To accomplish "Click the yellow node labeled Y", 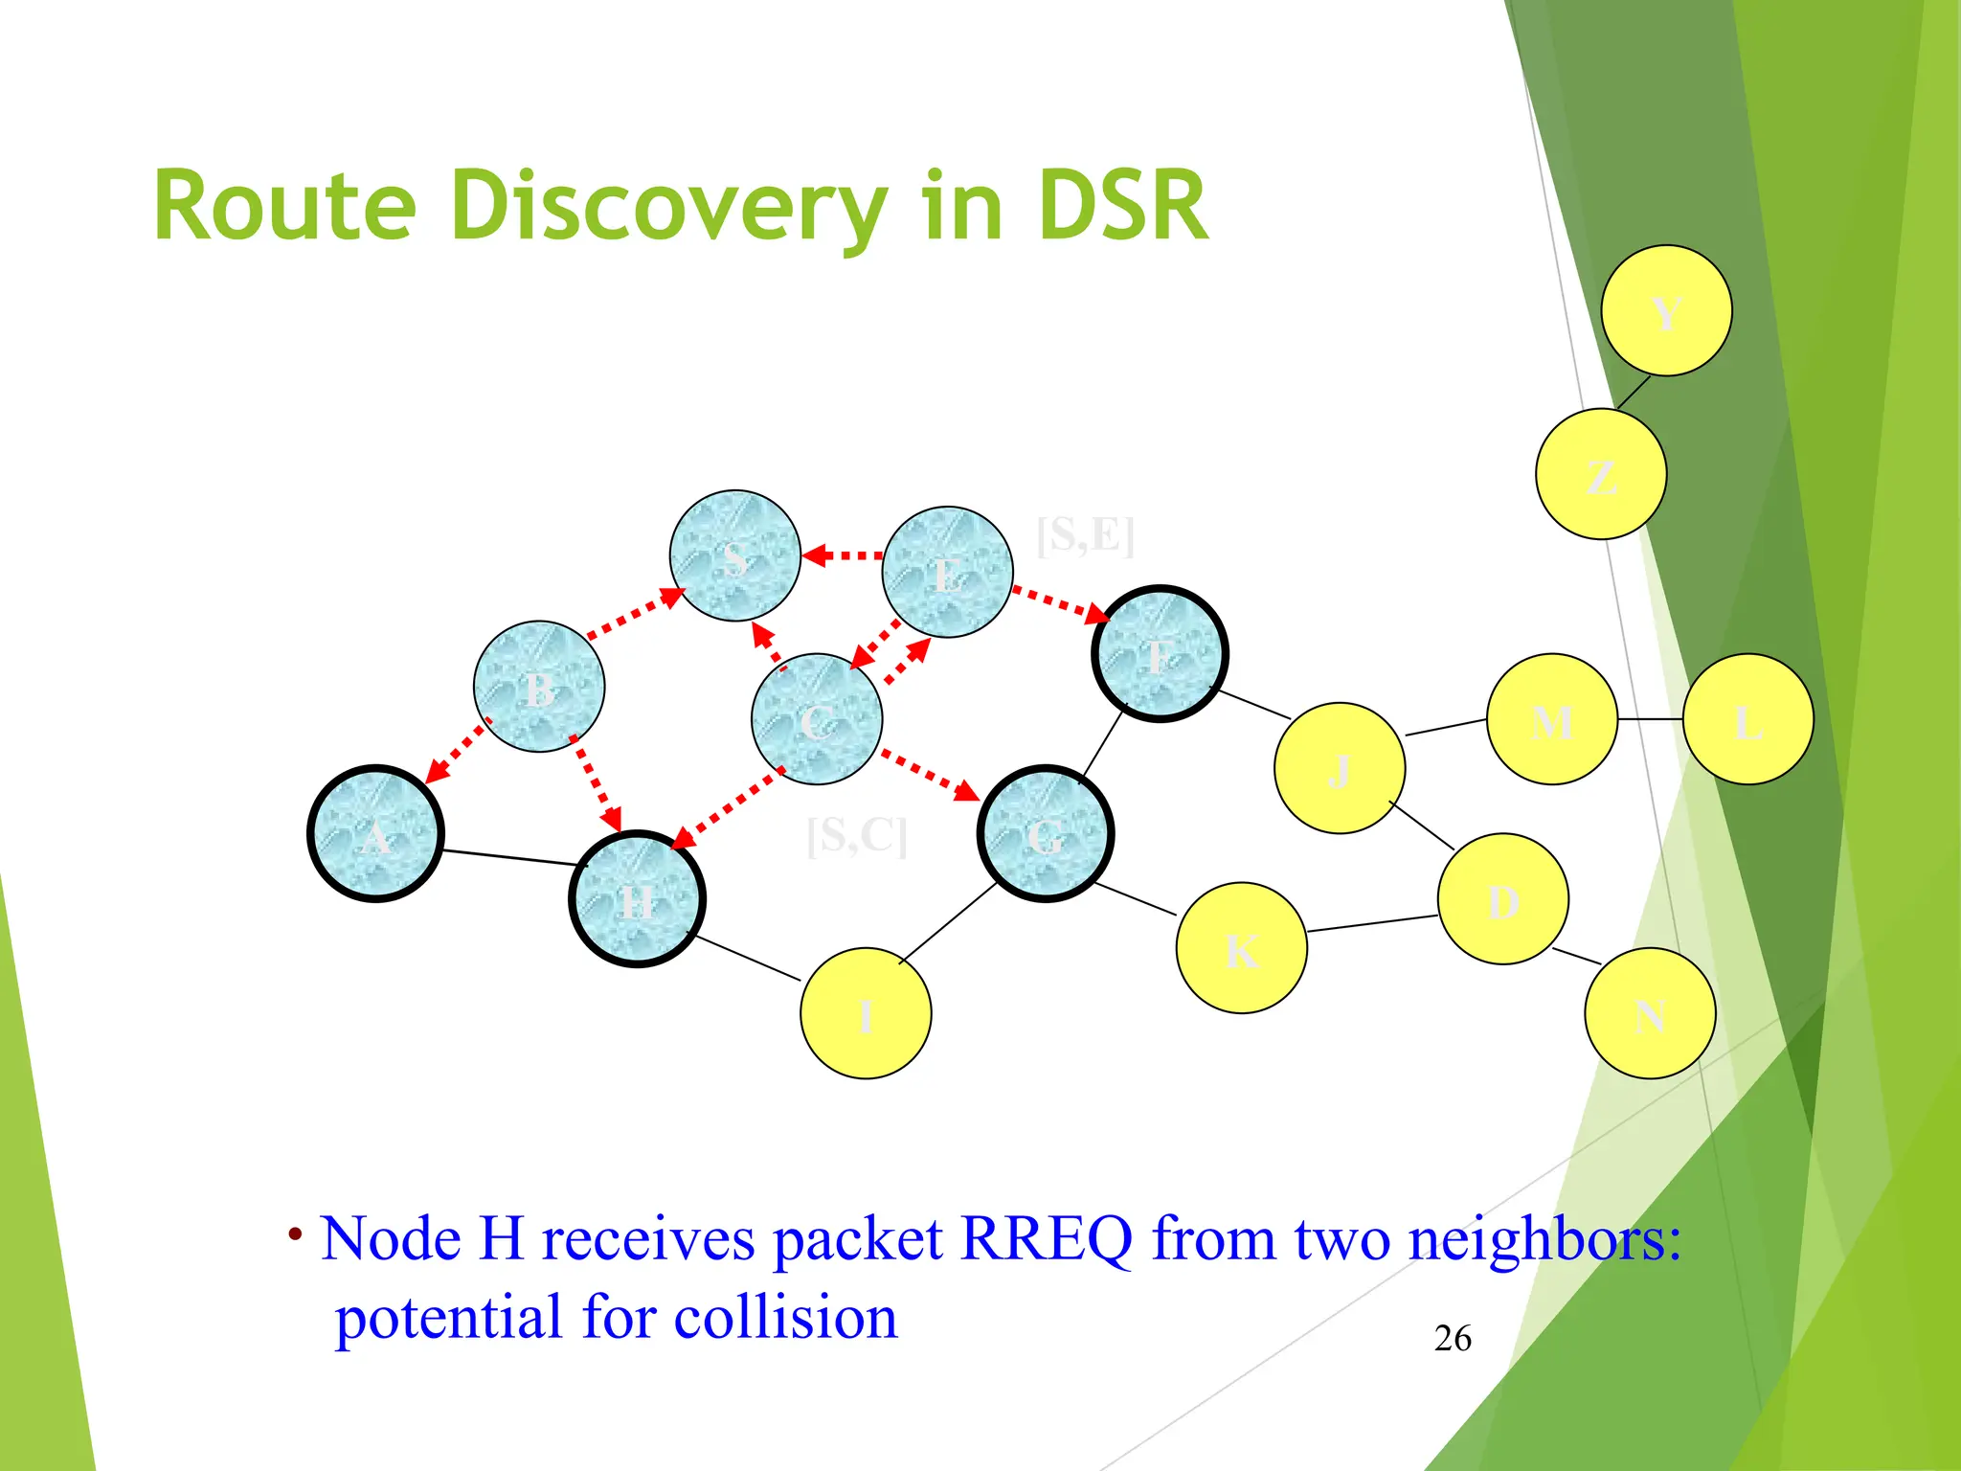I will tap(1666, 310).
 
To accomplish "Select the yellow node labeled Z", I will tap(1601, 474).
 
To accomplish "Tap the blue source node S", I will tap(734, 555).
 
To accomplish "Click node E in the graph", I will tap(947, 572).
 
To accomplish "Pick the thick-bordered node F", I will tap(1160, 654).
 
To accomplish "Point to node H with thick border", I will tap(637, 899).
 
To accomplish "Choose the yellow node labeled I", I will tap(866, 1013).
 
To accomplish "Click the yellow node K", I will tap(1241, 948).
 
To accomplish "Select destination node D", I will tap(1502, 899).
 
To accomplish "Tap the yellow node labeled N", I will tap(1650, 1013).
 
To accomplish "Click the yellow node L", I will tap(1747, 719).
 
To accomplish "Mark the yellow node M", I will tap(1552, 719).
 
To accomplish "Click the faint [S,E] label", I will tap(1085, 534).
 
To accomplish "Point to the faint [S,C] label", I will tap(856, 835).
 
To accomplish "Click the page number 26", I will tap(1453, 1338).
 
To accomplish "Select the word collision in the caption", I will tap(785, 1317).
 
